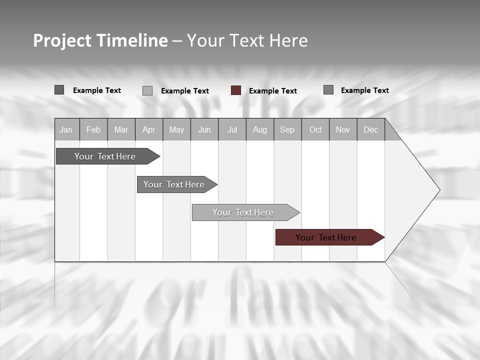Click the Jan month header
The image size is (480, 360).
[x=66, y=130]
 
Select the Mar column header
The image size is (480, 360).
[x=121, y=130]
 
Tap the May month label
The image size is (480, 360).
[x=176, y=130]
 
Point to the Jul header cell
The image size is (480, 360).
[x=232, y=130]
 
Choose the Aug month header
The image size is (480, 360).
[x=259, y=130]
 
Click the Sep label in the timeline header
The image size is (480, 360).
[x=287, y=130]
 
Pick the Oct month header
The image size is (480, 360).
[x=315, y=130]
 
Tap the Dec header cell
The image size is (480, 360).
[x=370, y=130]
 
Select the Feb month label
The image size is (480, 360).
[x=93, y=130]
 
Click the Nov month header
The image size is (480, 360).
[x=343, y=130]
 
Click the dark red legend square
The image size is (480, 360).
[x=236, y=90]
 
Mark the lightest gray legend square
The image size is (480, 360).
[x=147, y=90]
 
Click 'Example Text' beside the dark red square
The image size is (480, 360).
[x=272, y=91]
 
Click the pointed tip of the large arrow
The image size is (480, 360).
[x=438, y=190]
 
